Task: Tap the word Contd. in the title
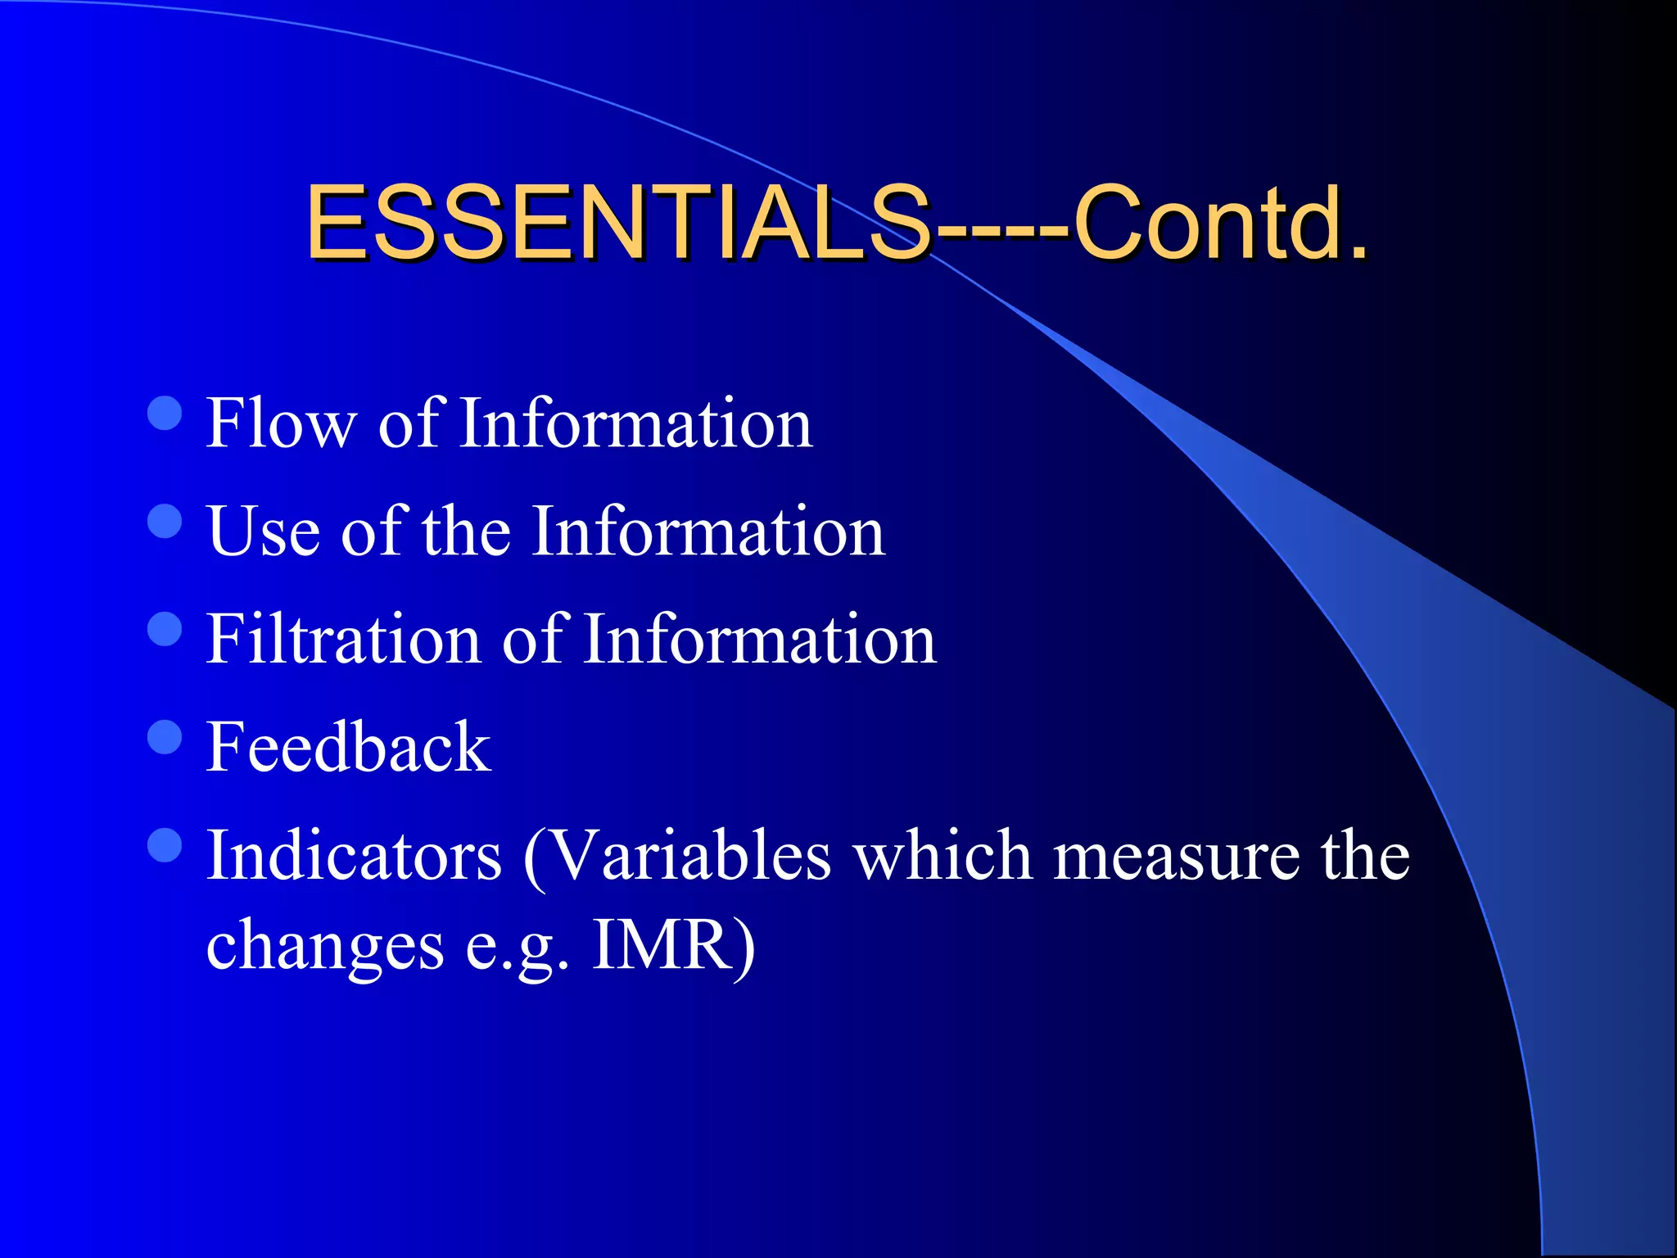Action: tap(1220, 223)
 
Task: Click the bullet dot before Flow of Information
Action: tap(165, 414)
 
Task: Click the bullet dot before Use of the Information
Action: tap(165, 521)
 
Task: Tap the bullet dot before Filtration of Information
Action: tap(165, 629)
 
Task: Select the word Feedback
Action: tap(348, 747)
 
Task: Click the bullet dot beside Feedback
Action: tap(165, 736)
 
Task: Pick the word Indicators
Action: tap(354, 856)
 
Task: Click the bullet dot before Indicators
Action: tap(165, 845)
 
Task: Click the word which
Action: tap(942, 856)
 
